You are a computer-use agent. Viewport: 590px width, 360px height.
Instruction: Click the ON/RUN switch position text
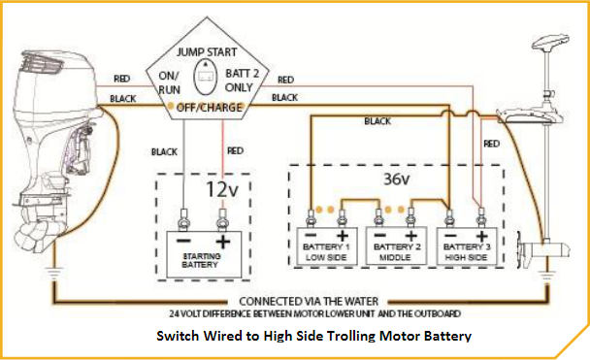pos(169,82)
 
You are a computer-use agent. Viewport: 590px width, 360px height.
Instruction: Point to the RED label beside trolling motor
pos(492,143)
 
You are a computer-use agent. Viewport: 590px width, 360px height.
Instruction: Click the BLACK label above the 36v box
pos(377,121)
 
